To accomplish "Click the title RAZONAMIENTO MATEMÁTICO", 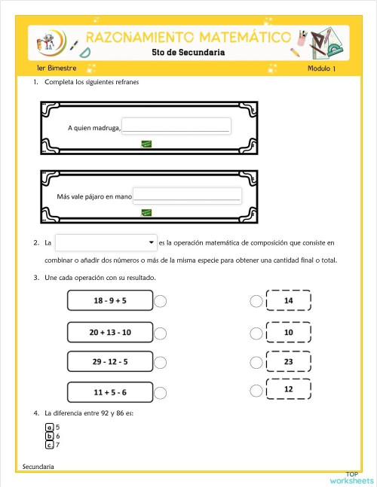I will coord(188,38).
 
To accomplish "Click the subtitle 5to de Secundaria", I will coord(188,53).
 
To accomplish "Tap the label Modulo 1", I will coord(323,69).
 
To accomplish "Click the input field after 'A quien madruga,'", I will coord(176,126).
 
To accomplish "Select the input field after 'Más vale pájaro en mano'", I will coord(187,196).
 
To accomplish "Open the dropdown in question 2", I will coord(106,242).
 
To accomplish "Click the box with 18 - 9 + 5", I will coord(110,300).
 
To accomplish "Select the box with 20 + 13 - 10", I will coord(110,332).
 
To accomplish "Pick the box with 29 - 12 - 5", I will coord(110,362).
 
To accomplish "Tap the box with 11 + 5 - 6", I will coord(110,392).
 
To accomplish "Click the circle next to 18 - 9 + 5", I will coord(161,301).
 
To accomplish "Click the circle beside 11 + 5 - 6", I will coord(161,393).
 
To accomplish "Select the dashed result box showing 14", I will coord(288,300).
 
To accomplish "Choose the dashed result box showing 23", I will coord(288,362).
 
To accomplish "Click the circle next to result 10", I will coord(256,332).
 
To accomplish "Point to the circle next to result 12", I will coord(256,390).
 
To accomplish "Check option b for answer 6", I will coord(50,436).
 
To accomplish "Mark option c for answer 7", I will coord(50,445).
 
